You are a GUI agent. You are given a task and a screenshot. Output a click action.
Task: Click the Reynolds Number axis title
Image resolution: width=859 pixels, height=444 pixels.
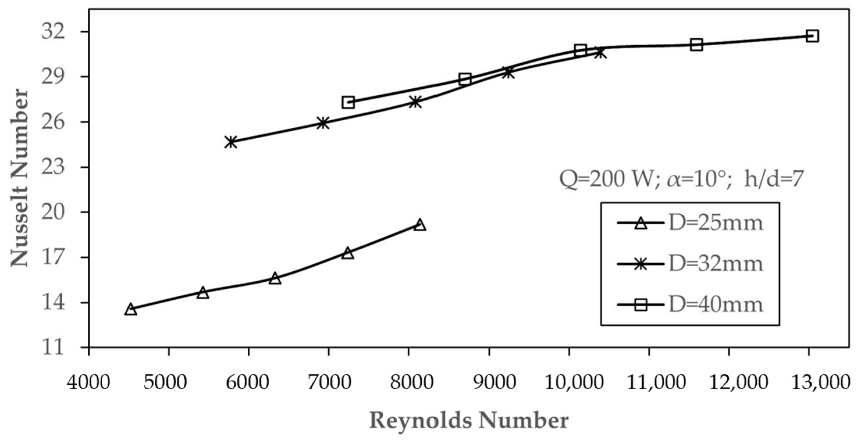[469, 421]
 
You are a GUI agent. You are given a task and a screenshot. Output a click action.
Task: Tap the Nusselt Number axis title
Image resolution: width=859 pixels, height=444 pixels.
[20, 178]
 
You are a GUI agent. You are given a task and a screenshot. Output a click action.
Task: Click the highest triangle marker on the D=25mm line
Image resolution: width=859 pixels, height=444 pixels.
[420, 225]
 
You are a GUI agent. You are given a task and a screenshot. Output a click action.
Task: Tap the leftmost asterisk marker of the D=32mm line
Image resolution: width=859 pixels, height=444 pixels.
[231, 142]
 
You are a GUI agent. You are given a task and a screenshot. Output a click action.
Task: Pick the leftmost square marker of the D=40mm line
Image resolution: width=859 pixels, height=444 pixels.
[348, 102]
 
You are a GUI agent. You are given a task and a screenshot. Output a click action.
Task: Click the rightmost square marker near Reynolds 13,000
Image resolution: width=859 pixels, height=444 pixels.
[812, 36]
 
